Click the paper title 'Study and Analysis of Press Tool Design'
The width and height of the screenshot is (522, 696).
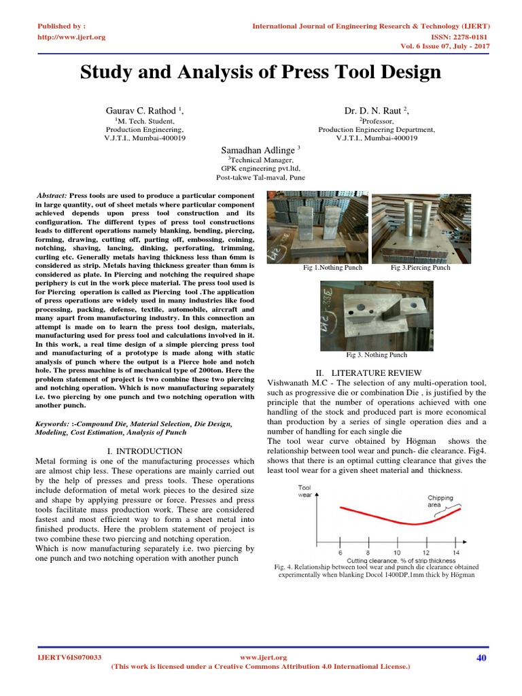(261, 72)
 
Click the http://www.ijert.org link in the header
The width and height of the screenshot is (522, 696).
(71, 37)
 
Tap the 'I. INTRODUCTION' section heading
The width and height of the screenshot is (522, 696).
(145, 451)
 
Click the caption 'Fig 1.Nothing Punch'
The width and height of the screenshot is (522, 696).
(332, 268)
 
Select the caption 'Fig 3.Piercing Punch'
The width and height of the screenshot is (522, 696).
(421, 268)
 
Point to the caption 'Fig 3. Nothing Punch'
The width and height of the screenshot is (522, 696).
(377, 355)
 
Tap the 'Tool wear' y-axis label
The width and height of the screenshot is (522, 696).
(305, 491)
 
